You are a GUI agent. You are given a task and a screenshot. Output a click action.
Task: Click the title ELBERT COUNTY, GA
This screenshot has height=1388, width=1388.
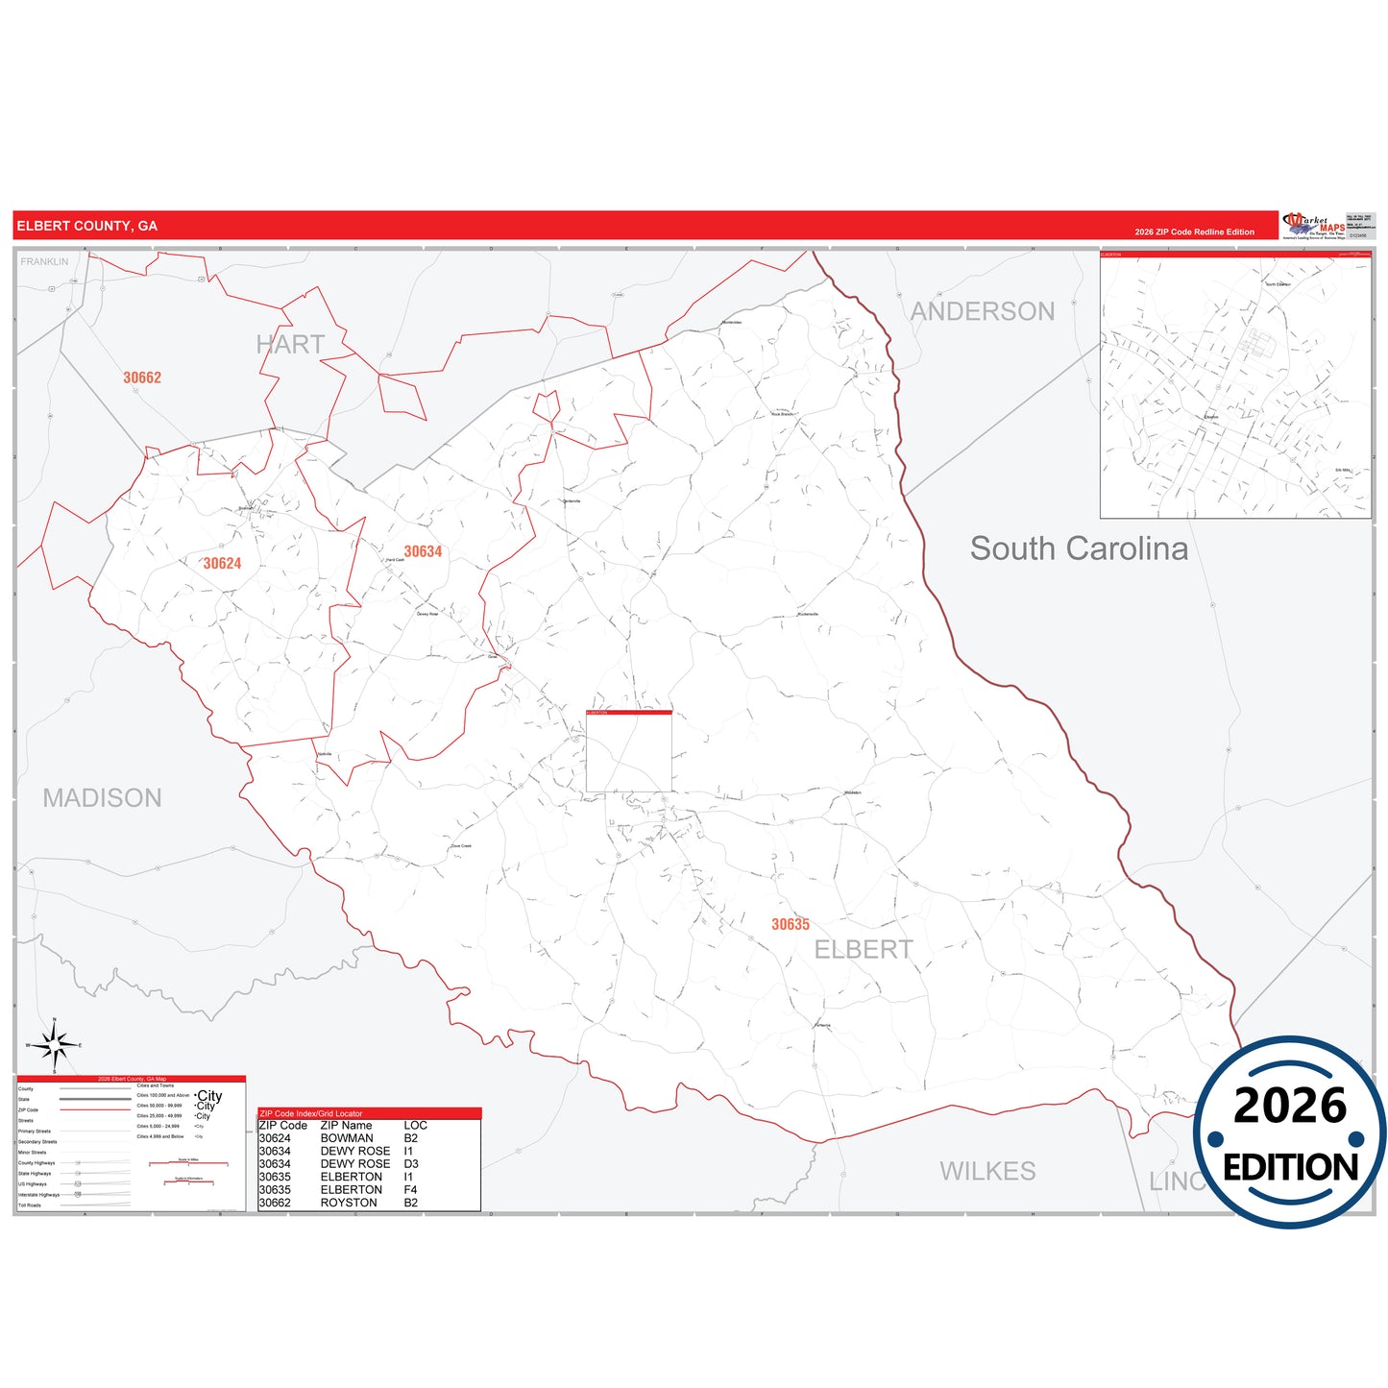pos(86,226)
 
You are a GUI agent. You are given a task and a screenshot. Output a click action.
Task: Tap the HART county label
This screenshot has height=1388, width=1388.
pos(290,345)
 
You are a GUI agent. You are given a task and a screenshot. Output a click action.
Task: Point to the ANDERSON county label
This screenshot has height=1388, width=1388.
pos(982,311)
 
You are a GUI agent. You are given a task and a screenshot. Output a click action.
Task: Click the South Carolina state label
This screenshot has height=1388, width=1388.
pos(1079,548)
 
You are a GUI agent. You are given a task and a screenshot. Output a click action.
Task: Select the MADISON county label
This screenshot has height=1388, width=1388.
pos(102,798)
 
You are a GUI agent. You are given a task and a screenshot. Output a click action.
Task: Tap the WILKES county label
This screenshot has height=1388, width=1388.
pos(987,1171)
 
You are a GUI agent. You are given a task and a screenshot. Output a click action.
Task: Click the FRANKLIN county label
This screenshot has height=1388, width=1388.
pos(45,261)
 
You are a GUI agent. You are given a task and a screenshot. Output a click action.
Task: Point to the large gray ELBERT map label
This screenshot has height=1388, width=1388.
pos(864,949)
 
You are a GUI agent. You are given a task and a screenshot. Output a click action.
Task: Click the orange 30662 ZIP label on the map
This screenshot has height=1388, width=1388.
pos(142,377)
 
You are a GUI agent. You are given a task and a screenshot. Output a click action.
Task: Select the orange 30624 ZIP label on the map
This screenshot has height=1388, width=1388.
pos(222,564)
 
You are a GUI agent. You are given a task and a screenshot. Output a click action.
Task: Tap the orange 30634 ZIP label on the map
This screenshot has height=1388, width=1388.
pos(423,551)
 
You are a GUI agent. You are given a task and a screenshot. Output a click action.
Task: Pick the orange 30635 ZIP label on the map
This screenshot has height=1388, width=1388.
pos(791,924)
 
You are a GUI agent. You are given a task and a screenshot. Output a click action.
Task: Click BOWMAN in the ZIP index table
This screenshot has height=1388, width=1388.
pos(347,1138)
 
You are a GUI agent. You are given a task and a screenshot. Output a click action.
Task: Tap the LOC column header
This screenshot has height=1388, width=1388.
pos(415,1126)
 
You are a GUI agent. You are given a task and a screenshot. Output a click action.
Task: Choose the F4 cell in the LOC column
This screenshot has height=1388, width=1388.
pos(410,1189)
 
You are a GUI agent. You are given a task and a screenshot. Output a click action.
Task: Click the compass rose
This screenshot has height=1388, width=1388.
pos(55,1044)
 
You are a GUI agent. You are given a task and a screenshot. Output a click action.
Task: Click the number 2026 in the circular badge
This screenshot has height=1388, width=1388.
pos(1290,1107)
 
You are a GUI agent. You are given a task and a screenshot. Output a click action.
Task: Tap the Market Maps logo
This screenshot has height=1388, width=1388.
pos(1314,225)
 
